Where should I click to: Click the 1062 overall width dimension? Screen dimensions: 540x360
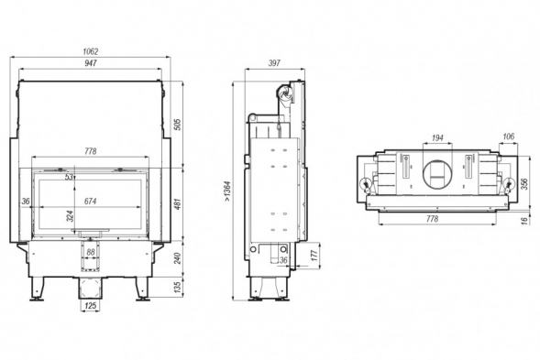click(x=91, y=51)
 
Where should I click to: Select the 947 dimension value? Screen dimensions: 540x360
click(x=91, y=63)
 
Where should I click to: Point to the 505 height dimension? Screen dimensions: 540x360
click(x=177, y=125)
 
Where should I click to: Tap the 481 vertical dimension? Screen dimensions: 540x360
click(x=177, y=204)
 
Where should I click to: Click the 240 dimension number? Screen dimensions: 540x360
click(x=177, y=258)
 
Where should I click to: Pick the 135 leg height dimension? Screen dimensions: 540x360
click(x=177, y=288)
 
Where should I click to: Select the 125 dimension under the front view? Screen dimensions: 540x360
click(x=90, y=306)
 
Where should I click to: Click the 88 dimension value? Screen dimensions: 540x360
click(x=91, y=252)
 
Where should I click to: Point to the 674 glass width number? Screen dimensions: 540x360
click(x=91, y=202)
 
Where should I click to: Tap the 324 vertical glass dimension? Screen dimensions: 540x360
click(x=71, y=216)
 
